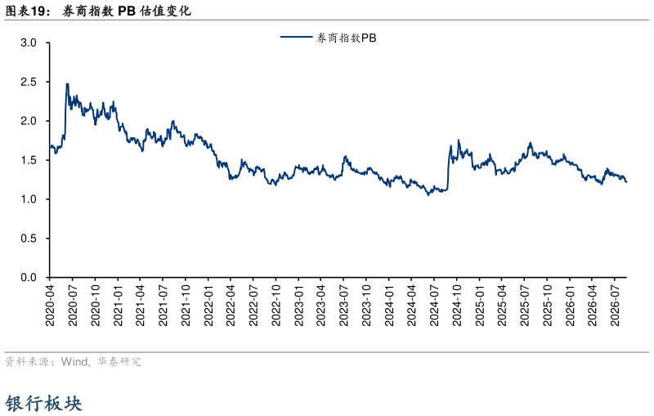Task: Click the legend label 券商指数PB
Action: [346, 38]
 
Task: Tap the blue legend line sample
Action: [297, 37]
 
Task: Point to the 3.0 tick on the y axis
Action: [29, 42]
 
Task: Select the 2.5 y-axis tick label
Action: [29, 82]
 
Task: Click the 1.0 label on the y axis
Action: [29, 199]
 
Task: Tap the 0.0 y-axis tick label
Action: [29, 278]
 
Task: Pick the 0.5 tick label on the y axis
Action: [29, 239]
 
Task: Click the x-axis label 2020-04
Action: [50, 306]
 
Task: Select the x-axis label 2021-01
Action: [118, 306]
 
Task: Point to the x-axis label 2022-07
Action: [253, 306]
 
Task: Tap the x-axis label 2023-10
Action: [366, 306]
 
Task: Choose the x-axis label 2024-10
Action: [457, 306]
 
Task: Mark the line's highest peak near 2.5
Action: [67, 84]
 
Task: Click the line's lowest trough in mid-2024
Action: [428, 195]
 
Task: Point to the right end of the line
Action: [626, 181]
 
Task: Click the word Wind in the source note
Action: [74, 361]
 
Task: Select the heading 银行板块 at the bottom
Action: [44, 403]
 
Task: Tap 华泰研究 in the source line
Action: [119, 361]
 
